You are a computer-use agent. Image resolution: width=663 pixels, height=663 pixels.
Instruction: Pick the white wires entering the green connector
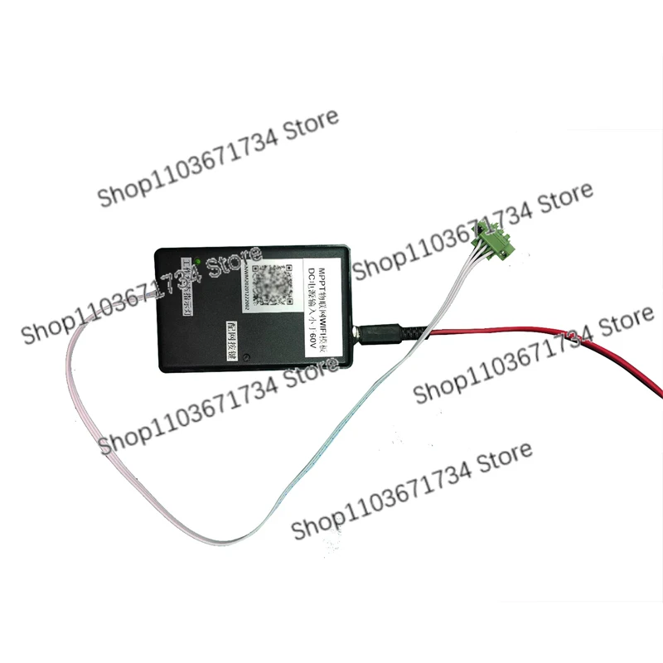[464, 265]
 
